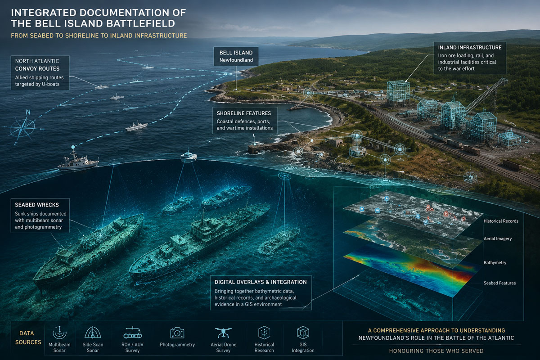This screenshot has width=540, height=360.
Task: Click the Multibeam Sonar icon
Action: click(x=59, y=333)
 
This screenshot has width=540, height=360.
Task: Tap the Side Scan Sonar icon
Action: click(x=93, y=333)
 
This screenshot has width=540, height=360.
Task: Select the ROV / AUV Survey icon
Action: click(x=132, y=333)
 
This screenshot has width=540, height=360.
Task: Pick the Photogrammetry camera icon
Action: click(x=177, y=333)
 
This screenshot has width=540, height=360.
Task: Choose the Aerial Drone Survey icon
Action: click(x=223, y=333)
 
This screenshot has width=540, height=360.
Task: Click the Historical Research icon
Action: click(x=264, y=333)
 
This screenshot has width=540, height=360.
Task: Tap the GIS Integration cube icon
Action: click(x=303, y=333)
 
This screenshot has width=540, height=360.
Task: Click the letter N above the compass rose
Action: click(x=28, y=112)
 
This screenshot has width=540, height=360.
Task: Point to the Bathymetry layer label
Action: click(x=495, y=263)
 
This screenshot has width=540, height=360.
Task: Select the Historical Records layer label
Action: click(x=501, y=221)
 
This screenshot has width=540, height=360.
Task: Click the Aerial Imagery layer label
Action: click(x=498, y=238)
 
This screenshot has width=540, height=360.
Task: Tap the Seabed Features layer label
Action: click(x=500, y=283)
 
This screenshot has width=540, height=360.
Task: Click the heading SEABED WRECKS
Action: click(x=37, y=205)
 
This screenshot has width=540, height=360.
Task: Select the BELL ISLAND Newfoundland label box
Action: click(x=236, y=56)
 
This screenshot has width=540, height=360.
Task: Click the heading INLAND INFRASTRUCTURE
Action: click(x=470, y=48)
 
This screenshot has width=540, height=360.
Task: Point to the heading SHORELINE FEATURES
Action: click(x=244, y=113)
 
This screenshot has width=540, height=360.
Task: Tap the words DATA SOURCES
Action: click(x=28, y=337)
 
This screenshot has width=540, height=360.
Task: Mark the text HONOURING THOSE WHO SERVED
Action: click(x=436, y=351)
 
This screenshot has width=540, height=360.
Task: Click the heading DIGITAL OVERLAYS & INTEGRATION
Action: click(x=261, y=282)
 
